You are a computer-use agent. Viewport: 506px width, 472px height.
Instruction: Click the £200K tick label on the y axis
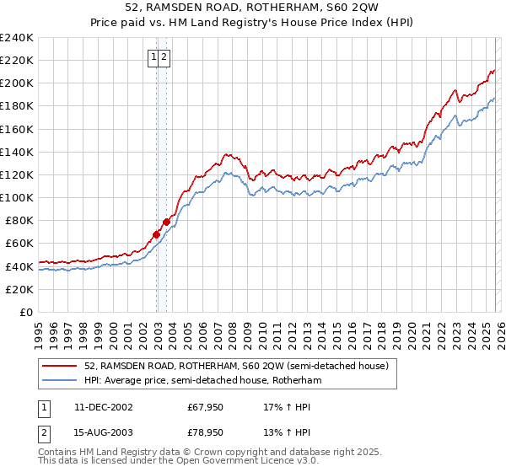(x=16, y=83)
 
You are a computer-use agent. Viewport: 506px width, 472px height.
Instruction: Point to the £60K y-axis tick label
(x=19, y=244)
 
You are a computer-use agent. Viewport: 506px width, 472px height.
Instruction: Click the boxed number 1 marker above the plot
(x=155, y=58)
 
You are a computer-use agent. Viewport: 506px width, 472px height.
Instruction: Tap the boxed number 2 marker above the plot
(x=165, y=58)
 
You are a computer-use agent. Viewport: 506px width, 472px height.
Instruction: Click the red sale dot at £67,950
(x=156, y=234)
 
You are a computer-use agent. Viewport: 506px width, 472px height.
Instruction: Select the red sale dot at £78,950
(x=166, y=222)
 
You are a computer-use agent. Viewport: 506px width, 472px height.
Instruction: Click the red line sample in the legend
(x=60, y=366)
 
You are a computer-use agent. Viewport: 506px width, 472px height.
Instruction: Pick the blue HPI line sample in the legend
(x=60, y=380)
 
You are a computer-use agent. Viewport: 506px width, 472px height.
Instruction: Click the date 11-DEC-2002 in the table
(x=104, y=406)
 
